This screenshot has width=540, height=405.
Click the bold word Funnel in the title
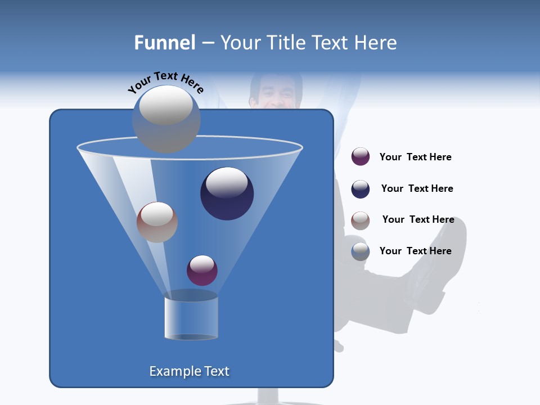coord(164,43)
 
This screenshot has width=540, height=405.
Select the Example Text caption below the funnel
coord(189,371)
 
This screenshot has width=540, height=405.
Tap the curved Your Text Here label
coord(166,82)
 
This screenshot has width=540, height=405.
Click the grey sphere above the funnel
coord(166,118)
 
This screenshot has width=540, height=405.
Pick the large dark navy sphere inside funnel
coord(227,193)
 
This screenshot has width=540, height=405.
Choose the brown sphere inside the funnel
coord(157,222)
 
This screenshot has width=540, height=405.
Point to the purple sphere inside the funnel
coord(202,270)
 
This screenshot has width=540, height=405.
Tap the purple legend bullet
coord(361,157)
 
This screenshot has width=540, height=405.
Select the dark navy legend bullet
coord(361,189)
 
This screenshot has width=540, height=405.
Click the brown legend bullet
coord(361,220)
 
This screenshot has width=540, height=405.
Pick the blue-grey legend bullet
coord(361,251)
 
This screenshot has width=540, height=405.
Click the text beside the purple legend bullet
coord(415,157)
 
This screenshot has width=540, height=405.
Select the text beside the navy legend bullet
coord(417,188)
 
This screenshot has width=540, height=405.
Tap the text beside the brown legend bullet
coord(418,219)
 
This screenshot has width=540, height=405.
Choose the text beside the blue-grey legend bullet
coord(415,251)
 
